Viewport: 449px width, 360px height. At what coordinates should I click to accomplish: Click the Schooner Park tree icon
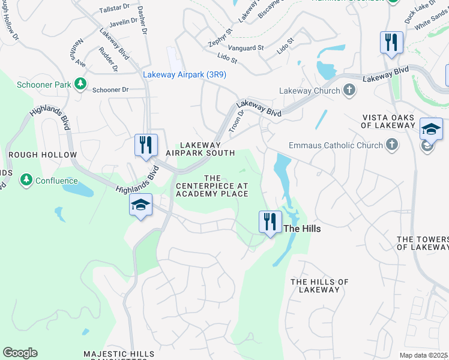pyautogui.click(x=80, y=85)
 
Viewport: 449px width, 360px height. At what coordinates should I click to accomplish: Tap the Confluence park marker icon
pyautogui.click(x=26, y=180)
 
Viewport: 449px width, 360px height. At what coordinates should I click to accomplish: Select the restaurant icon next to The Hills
pyautogui.click(x=270, y=222)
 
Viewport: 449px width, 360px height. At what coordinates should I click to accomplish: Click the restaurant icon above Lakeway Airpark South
pyautogui.click(x=146, y=145)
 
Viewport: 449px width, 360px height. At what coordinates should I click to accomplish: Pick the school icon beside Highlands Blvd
pyautogui.click(x=140, y=206)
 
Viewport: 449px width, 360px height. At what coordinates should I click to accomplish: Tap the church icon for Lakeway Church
pyautogui.click(x=349, y=91)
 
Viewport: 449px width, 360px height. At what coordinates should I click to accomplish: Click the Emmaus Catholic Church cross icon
pyautogui.click(x=391, y=145)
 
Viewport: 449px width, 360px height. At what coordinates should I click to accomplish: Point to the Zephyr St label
pyautogui.click(x=220, y=37)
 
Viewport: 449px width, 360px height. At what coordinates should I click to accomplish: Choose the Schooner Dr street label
pyautogui.click(x=111, y=89)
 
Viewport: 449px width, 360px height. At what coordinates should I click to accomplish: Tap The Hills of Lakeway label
pyautogui.click(x=319, y=286)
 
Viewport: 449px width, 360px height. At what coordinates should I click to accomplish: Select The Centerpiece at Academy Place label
pyautogui.click(x=212, y=186)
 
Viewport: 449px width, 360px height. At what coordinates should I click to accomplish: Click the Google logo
pyautogui.click(x=20, y=353)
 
